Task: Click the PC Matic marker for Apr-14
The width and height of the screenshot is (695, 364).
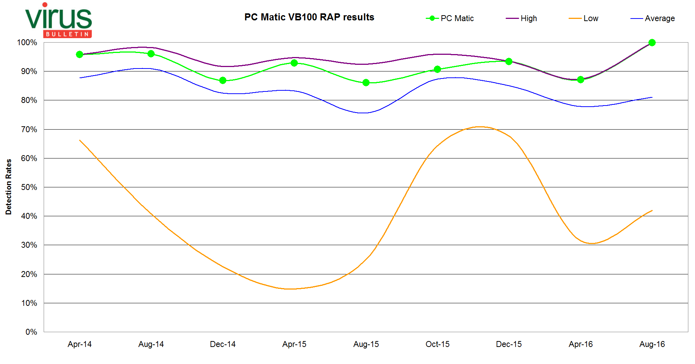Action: pyautogui.click(x=80, y=54)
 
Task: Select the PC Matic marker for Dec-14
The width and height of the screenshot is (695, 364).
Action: pyautogui.click(x=223, y=80)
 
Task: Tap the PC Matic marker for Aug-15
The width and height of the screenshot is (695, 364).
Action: pyautogui.click(x=366, y=83)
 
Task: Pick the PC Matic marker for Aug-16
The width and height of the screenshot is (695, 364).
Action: pyautogui.click(x=652, y=43)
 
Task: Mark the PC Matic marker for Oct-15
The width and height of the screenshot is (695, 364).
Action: pyautogui.click(x=437, y=69)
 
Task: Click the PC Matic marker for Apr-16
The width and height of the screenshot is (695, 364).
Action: pyautogui.click(x=581, y=80)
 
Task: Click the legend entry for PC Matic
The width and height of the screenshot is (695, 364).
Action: pyautogui.click(x=450, y=18)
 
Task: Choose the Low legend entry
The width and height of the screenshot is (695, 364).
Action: pyautogui.click(x=584, y=18)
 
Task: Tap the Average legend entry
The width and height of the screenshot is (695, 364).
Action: pyautogui.click(x=652, y=18)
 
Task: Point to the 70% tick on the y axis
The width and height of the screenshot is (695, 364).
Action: pyautogui.click(x=29, y=129)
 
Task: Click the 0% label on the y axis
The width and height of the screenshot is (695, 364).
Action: pyautogui.click(x=31, y=332)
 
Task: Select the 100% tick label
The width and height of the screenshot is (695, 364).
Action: pyautogui.click(x=27, y=42)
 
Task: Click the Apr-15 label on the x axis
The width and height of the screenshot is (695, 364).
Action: pyautogui.click(x=294, y=344)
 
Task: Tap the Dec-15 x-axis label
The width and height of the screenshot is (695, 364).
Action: pyautogui.click(x=509, y=344)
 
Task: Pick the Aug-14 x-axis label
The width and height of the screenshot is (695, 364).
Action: pyautogui.click(x=151, y=344)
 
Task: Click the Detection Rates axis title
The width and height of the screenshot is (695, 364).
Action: pyautogui.click(x=9, y=187)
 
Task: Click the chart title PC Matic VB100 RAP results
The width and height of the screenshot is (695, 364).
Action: pyautogui.click(x=309, y=17)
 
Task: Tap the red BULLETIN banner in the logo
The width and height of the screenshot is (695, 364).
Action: pyautogui.click(x=67, y=34)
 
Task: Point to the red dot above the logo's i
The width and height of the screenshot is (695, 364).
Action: pyautogui.click(x=45, y=5)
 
